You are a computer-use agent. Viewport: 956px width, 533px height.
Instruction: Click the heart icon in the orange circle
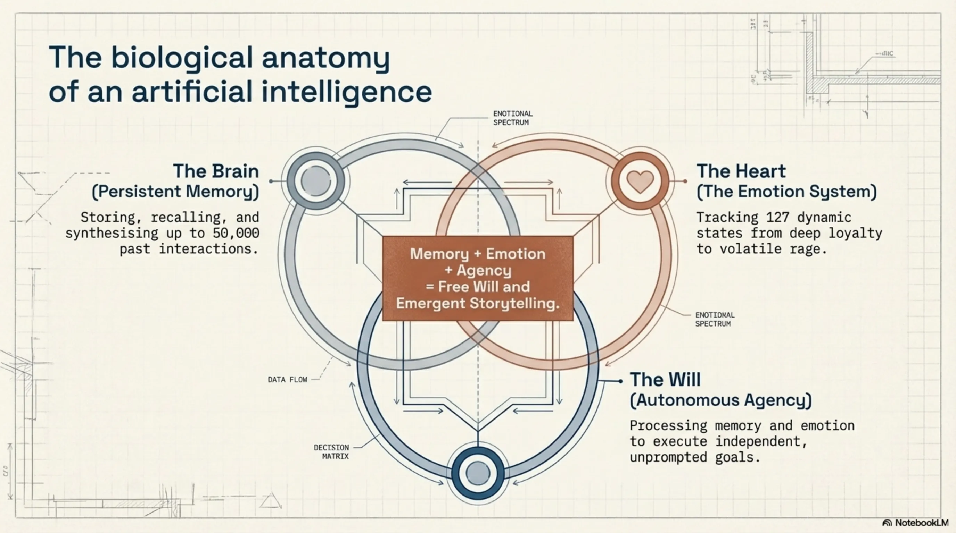click(x=640, y=181)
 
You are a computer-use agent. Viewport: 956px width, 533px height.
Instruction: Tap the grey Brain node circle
click(x=316, y=181)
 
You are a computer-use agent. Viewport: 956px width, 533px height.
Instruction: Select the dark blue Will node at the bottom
click(x=478, y=473)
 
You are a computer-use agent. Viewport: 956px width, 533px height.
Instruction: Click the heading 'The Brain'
click(x=216, y=171)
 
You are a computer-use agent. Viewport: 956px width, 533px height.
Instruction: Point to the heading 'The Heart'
click(x=741, y=171)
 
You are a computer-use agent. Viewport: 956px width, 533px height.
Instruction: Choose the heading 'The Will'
click(x=665, y=380)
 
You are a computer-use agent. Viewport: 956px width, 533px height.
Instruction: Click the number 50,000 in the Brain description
click(x=236, y=233)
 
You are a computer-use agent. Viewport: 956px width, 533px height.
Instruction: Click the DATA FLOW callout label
click(x=288, y=380)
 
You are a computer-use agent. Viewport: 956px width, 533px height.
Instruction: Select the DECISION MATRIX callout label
click(x=331, y=452)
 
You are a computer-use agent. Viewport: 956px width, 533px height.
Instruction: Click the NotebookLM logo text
click(x=922, y=523)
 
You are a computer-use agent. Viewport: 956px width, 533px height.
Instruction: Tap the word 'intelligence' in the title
click(x=347, y=92)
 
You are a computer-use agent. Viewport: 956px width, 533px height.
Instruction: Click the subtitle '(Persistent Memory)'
click(x=175, y=192)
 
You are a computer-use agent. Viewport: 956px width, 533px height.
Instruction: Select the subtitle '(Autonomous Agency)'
click(x=721, y=400)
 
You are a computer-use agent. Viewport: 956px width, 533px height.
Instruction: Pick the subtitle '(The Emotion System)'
click(x=786, y=192)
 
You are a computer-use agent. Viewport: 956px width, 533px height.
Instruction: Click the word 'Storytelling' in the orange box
click(x=514, y=303)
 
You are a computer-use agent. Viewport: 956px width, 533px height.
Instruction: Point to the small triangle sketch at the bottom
click(x=271, y=501)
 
